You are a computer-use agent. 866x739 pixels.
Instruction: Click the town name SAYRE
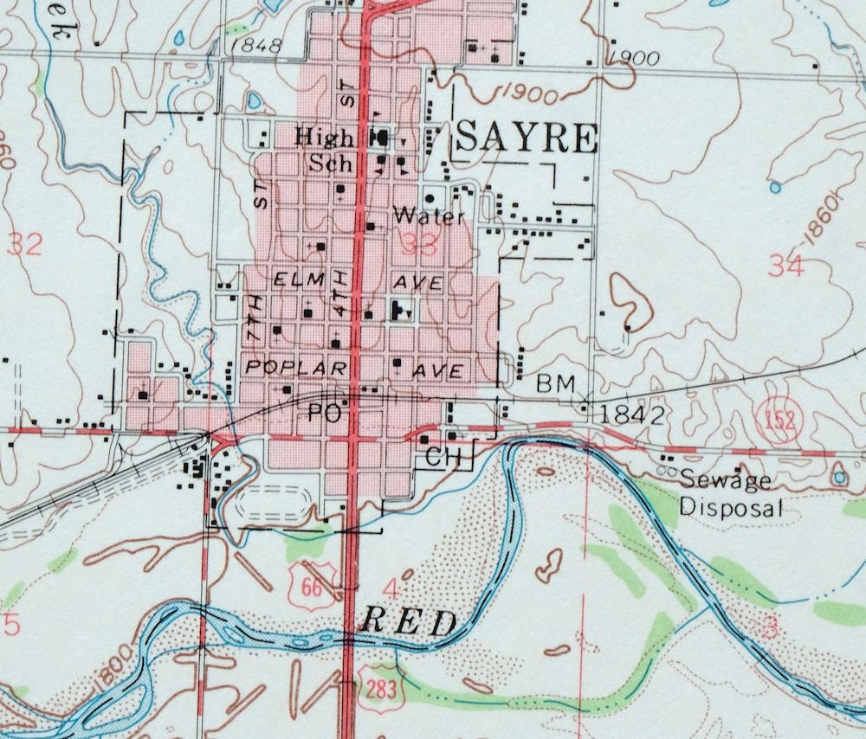pyautogui.click(x=527, y=138)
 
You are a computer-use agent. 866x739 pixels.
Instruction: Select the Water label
pyautogui.click(x=429, y=216)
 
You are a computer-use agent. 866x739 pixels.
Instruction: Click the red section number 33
pyautogui.click(x=424, y=245)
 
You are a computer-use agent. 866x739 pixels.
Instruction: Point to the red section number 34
pyautogui.click(x=785, y=267)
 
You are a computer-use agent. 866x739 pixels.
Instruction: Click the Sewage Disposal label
pyautogui.click(x=729, y=493)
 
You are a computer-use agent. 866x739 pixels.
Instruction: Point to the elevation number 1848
pyautogui.click(x=258, y=46)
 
